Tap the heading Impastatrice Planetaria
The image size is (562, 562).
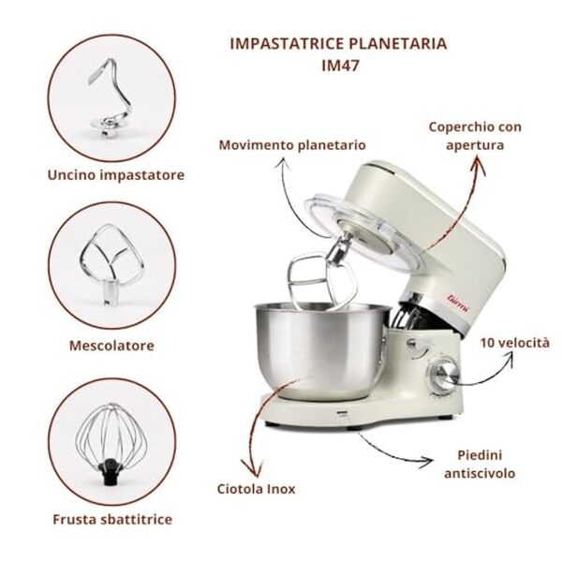coord(338,44)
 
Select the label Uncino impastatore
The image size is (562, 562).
coord(114,174)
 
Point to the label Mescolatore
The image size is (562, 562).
coord(111,346)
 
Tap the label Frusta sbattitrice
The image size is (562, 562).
coord(111,518)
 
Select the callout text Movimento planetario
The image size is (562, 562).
coord(292,145)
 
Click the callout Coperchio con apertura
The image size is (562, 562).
coord(475,136)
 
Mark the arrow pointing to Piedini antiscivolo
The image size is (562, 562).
coord(393,450)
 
